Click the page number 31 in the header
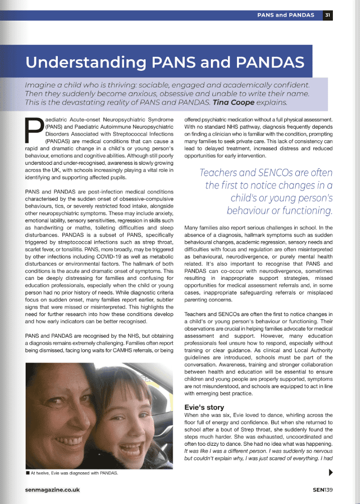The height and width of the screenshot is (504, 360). [327, 15]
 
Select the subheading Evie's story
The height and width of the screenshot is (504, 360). [204, 407]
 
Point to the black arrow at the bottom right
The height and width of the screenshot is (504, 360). [330, 472]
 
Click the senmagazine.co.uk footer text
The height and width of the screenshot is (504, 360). [52, 489]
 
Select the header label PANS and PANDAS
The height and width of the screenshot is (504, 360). [287, 15]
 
